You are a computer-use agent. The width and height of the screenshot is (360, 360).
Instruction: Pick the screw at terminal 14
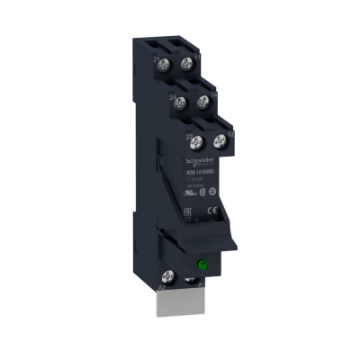point(202,103)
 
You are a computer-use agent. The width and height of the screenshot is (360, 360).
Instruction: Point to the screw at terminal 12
point(219,140)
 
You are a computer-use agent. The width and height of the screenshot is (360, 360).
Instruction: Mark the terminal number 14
point(213,94)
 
